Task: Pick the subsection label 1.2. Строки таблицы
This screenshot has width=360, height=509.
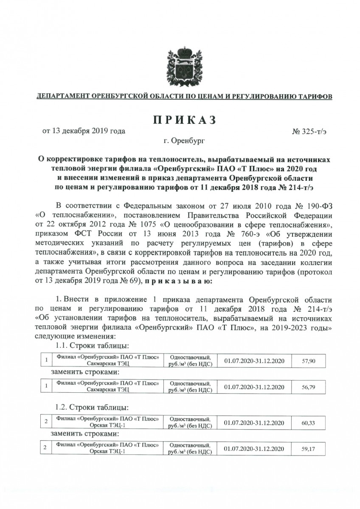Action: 92,408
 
